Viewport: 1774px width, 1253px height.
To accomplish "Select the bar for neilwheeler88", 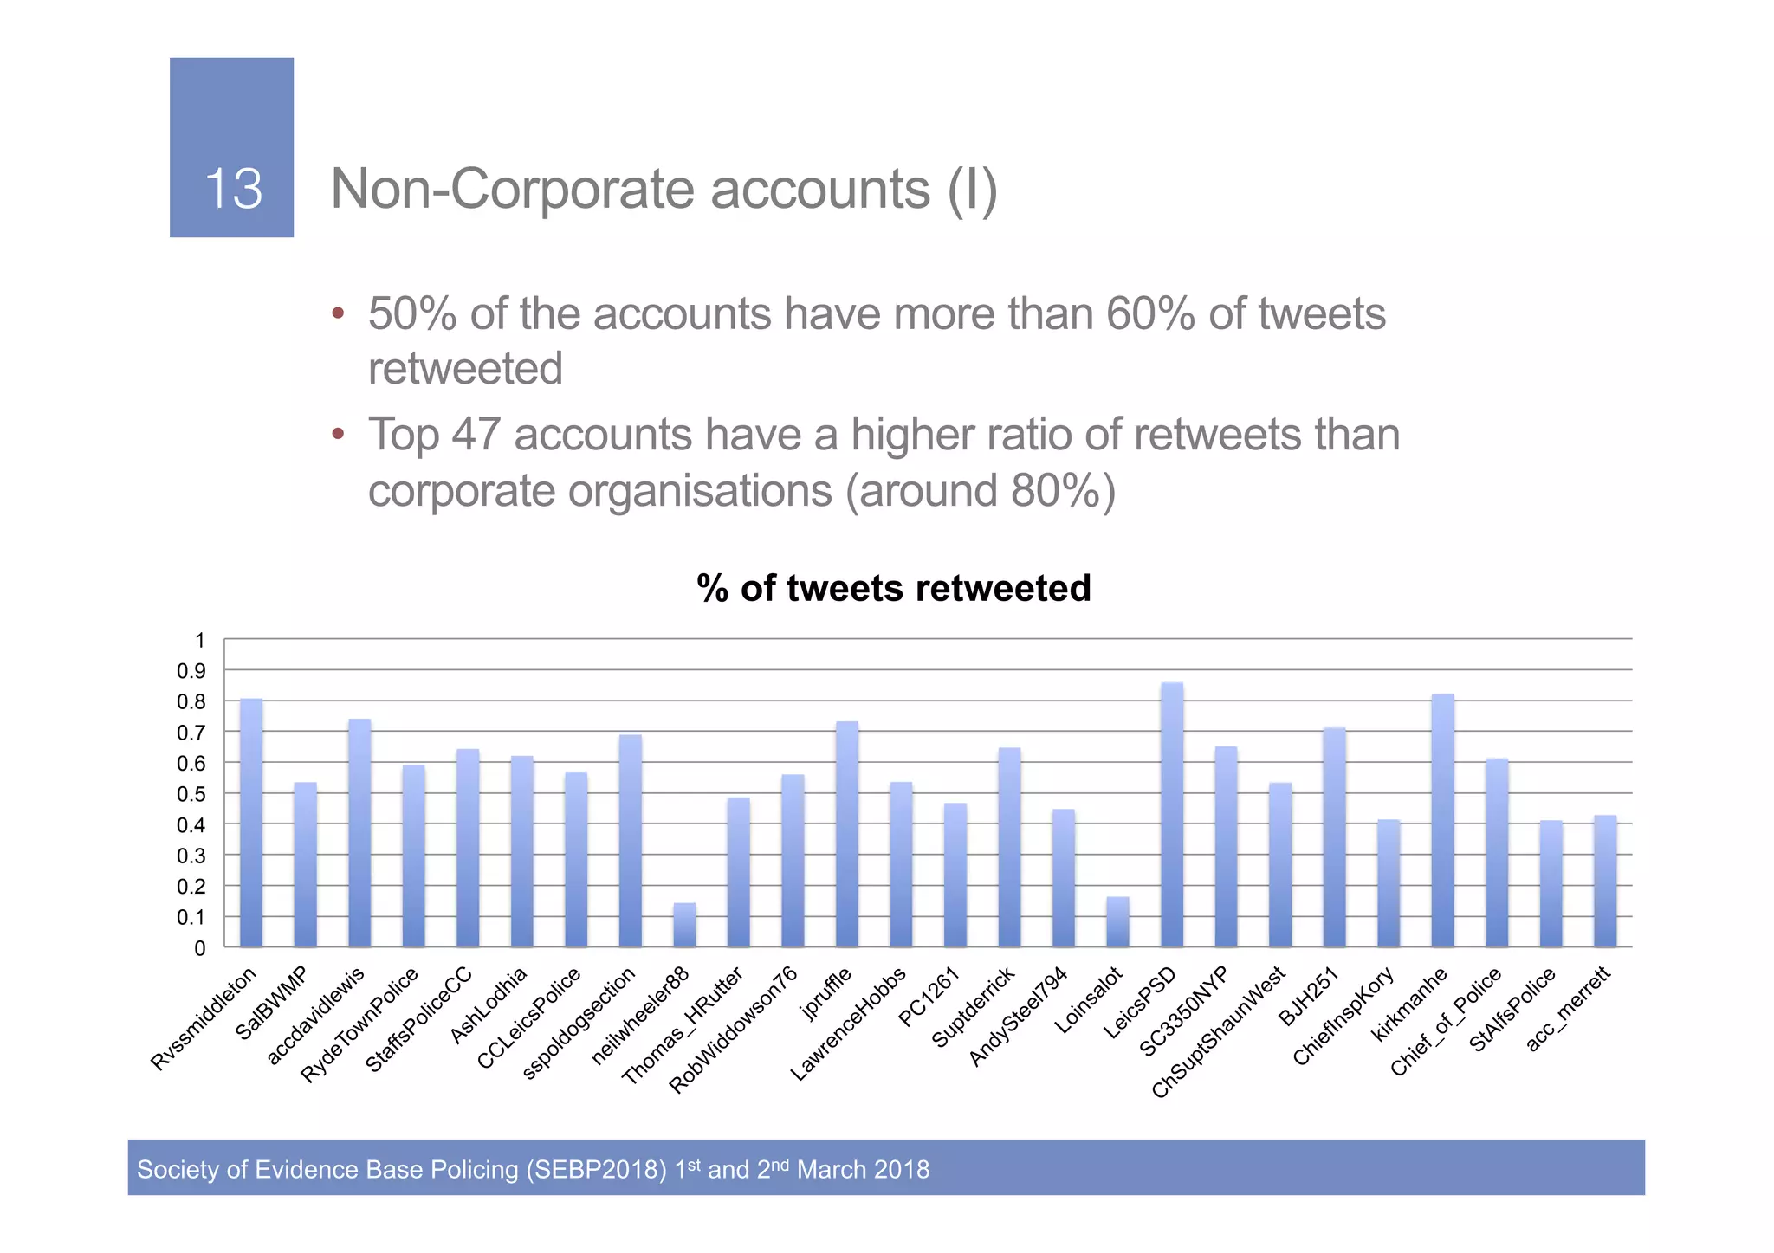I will tap(684, 925).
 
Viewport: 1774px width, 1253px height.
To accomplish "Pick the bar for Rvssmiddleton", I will tap(251, 823).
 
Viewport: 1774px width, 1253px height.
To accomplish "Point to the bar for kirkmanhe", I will tap(1442, 820).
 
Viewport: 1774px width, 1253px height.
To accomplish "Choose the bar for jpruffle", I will tap(846, 834).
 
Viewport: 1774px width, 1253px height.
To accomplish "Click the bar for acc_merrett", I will tap(1605, 881).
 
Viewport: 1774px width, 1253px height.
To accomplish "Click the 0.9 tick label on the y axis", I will tap(191, 671).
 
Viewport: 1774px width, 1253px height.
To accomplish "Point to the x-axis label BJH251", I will tap(1310, 998).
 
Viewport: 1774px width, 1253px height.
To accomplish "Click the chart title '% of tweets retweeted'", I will tap(893, 588).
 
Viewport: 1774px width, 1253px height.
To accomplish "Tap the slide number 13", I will tap(233, 189).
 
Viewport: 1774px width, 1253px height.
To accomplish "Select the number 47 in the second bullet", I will tap(476, 435).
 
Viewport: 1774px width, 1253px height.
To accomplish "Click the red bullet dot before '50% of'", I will tap(339, 313).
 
